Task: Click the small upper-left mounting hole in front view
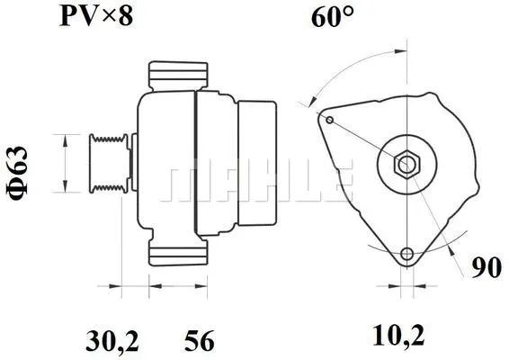330,120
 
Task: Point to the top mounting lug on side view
178,75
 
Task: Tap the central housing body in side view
166,162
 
